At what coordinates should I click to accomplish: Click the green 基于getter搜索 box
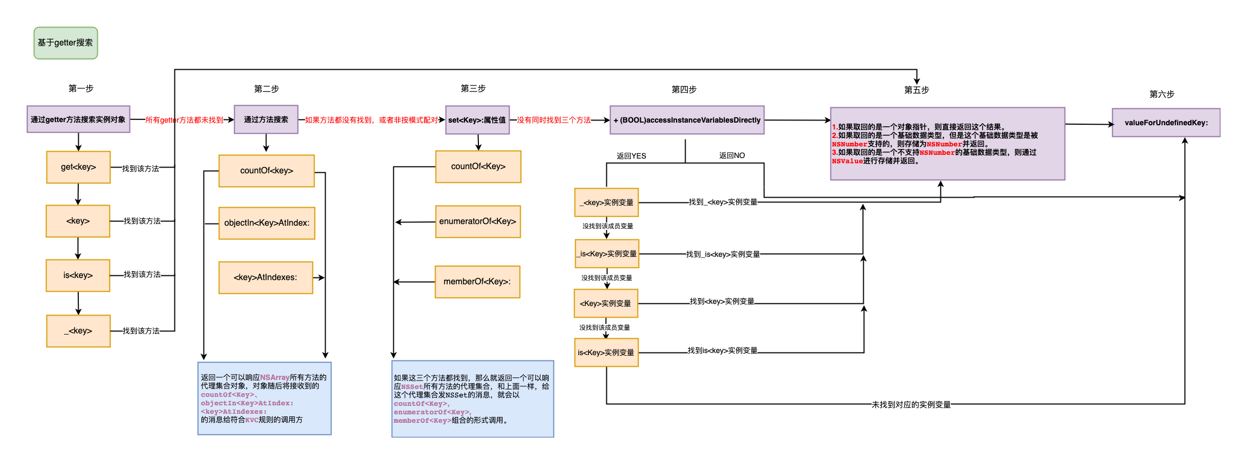coord(66,43)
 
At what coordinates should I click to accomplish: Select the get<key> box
coord(78,167)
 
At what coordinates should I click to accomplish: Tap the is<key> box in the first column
coord(78,275)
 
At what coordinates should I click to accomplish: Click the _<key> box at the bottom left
coord(78,331)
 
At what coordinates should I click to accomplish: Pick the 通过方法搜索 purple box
coord(266,119)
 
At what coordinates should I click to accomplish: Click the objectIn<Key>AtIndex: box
coord(266,223)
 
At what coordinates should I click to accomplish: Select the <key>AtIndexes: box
coord(265,277)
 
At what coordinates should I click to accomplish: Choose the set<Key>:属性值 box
coord(477,120)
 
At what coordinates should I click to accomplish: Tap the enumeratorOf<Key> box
coord(477,221)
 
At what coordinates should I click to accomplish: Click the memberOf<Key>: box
coord(477,282)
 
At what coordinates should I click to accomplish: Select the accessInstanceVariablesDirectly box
coord(687,120)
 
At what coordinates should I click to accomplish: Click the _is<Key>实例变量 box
coord(606,254)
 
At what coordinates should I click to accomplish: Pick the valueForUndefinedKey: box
coord(1166,123)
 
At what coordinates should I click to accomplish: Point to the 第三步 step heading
coord(473,88)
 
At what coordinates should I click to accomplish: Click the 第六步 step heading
coord(1161,94)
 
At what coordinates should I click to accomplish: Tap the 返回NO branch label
coord(732,155)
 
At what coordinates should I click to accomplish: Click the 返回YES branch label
coord(631,156)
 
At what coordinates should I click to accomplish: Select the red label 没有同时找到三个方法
coord(553,120)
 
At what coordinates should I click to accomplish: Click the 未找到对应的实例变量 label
coord(910,404)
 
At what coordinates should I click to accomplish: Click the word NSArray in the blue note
coord(274,377)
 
